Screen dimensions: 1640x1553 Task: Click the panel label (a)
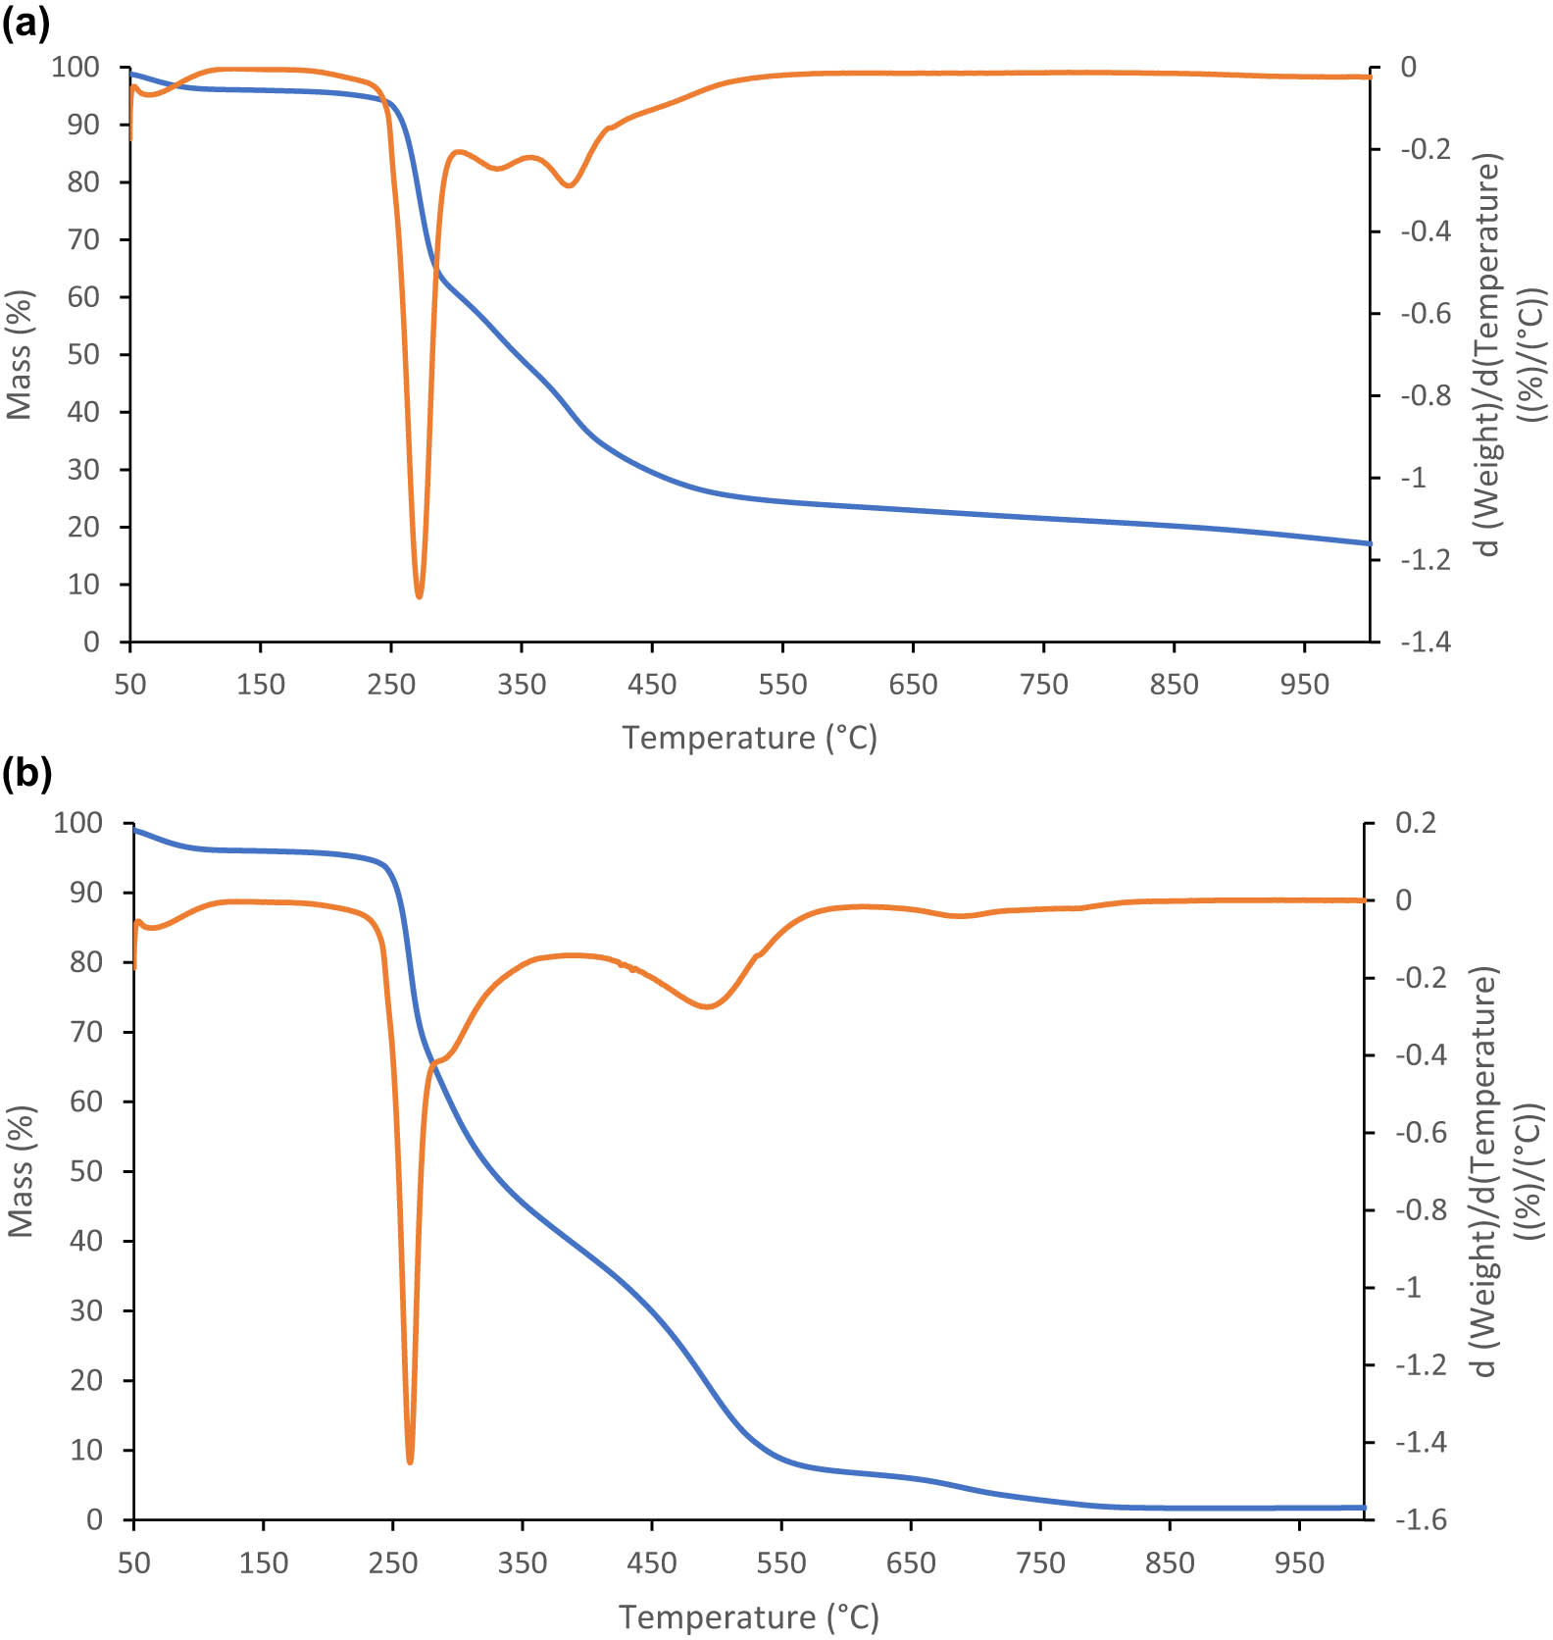point(26,23)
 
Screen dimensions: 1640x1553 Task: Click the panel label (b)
point(26,773)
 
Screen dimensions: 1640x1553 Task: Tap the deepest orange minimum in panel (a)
point(419,594)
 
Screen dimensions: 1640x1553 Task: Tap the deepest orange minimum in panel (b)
point(410,1461)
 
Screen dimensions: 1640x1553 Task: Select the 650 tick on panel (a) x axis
point(913,685)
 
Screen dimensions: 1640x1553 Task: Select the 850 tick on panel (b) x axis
point(1170,1563)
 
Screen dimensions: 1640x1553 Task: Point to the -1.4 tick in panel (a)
point(1425,642)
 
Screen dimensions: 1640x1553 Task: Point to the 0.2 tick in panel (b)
point(1416,823)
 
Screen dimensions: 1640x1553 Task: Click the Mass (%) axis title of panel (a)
point(20,354)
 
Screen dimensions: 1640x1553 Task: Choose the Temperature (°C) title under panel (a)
point(749,738)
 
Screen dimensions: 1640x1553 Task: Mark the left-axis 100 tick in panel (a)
point(76,68)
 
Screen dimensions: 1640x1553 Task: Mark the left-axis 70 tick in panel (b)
point(85,1032)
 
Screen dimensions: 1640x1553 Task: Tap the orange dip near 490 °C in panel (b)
point(707,1006)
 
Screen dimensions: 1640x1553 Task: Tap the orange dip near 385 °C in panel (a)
point(570,185)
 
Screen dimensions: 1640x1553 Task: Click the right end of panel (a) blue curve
point(1369,542)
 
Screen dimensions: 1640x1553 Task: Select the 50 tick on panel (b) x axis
point(134,1563)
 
